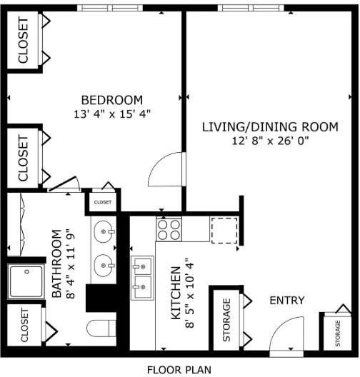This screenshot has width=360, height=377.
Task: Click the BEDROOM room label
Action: coord(112,100)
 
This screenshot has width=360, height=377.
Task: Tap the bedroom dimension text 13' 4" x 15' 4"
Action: coord(112,114)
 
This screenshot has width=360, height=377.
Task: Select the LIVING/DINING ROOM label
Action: coord(270,127)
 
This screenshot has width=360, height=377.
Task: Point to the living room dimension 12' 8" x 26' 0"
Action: coord(270,141)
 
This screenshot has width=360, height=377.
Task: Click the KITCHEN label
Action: coord(176,293)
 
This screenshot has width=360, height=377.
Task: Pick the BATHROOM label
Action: coord(56,263)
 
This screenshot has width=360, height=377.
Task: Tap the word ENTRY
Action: coord(287,301)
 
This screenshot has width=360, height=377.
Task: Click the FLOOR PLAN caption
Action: coord(179,370)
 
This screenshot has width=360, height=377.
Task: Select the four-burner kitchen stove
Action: coord(169,230)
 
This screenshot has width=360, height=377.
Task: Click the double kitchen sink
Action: coord(143,278)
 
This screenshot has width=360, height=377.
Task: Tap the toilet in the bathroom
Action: coord(101,328)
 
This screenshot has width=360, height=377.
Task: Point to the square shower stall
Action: coord(26,281)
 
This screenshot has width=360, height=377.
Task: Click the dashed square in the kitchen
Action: coord(224,231)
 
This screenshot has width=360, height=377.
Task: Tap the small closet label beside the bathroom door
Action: coord(103,202)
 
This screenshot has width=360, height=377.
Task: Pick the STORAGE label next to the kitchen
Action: coord(226,320)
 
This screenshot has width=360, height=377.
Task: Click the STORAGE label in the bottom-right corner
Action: coord(338,333)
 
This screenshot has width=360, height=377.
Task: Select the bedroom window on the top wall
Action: coord(110,8)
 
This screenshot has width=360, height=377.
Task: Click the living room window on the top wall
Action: coord(251,8)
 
